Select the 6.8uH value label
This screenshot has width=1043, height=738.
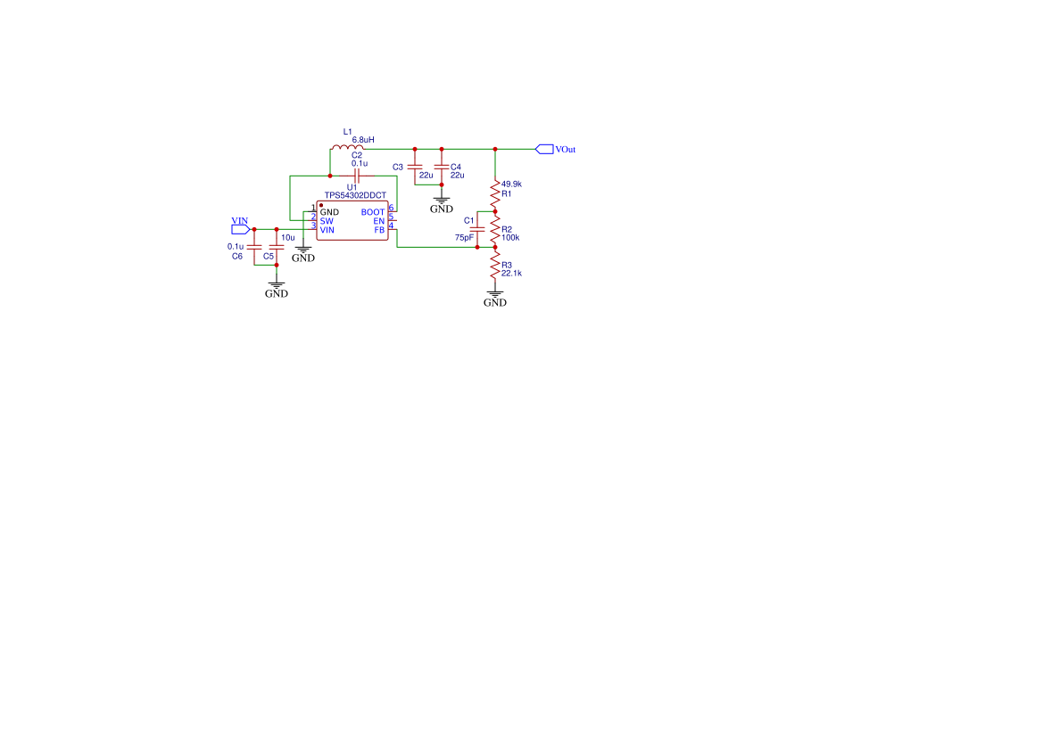(x=363, y=140)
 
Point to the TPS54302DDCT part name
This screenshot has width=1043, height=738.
(x=355, y=195)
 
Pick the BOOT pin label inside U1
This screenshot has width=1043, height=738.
(x=373, y=212)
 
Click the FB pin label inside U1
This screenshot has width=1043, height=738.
(x=379, y=230)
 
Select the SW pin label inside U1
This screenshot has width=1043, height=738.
(x=327, y=221)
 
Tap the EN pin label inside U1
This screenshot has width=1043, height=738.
(x=378, y=221)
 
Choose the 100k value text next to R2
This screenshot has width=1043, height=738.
(x=510, y=238)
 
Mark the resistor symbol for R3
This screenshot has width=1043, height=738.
(x=495, y=265)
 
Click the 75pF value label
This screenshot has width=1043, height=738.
(x=464, y=238)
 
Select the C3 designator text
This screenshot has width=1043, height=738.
(x=398, y=167)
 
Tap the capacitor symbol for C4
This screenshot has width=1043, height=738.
(x=441, y=168)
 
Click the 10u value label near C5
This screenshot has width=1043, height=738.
(x=287, y=238)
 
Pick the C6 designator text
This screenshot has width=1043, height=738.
(x=237, y=256)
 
